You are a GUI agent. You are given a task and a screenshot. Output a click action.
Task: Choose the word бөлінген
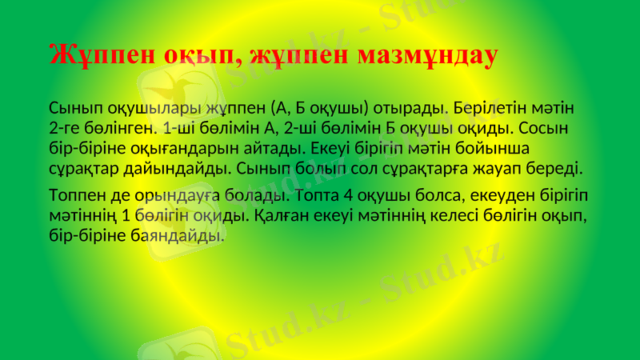pos(122,128)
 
